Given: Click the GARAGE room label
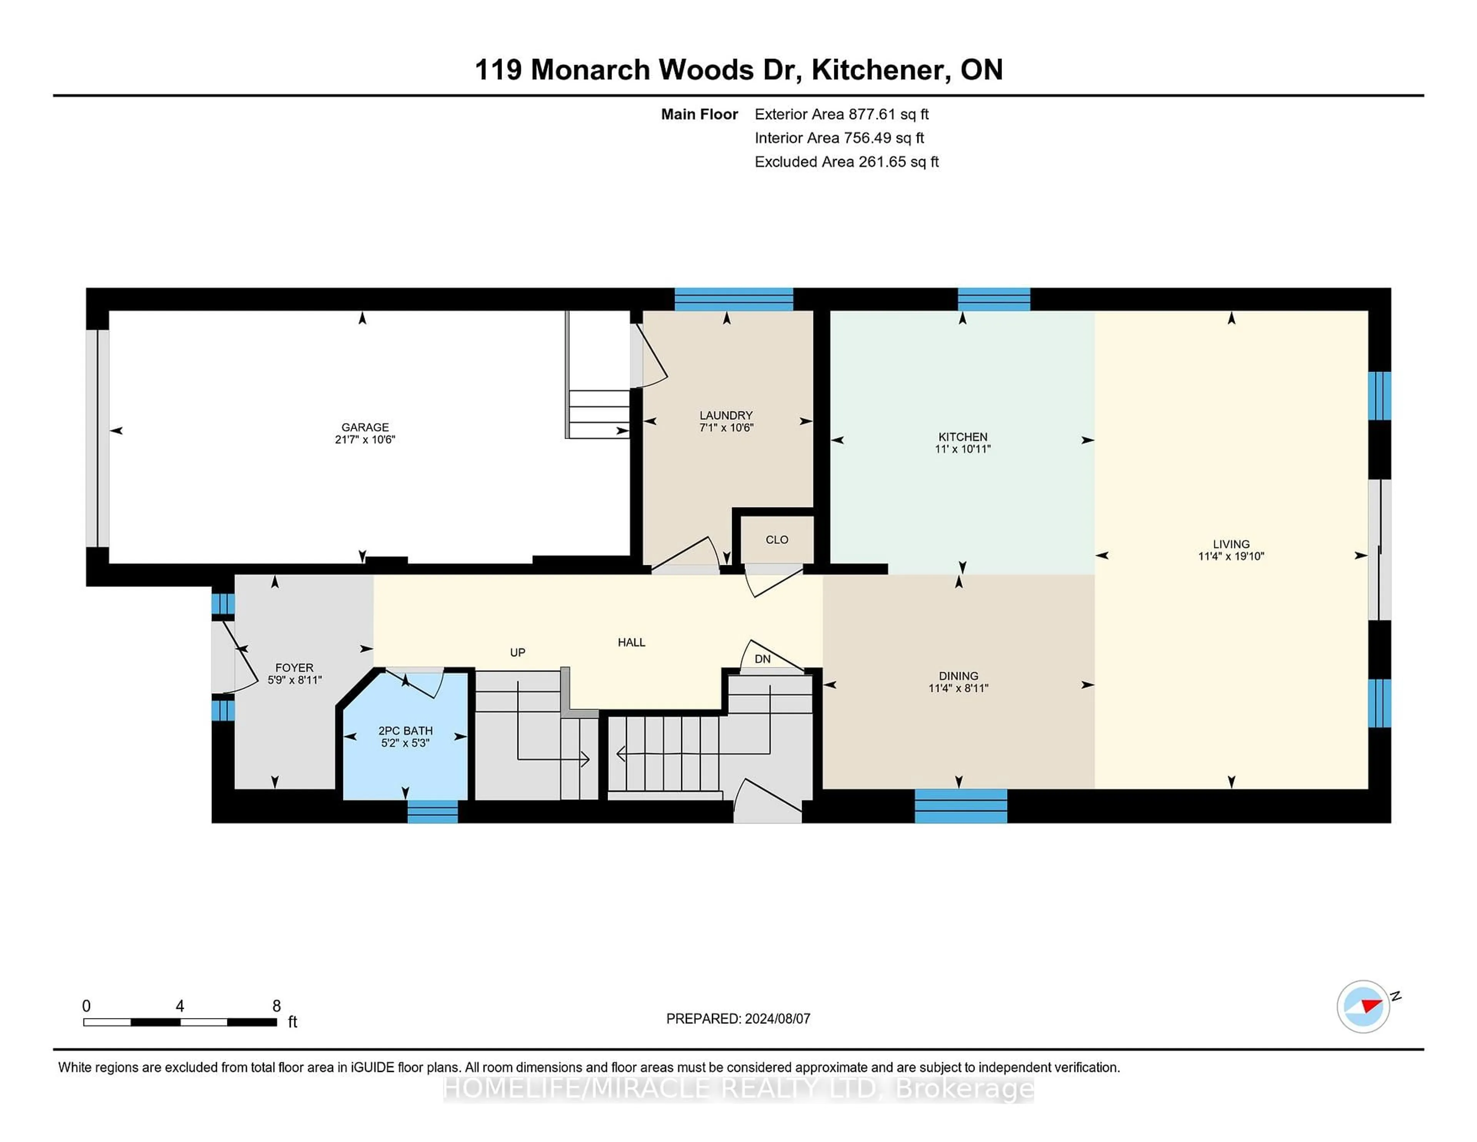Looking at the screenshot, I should coord(365,427).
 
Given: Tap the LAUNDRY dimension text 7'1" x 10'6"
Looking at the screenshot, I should coord(726,427).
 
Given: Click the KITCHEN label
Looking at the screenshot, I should coord(962,436).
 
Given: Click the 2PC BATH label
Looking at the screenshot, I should coord(405,731).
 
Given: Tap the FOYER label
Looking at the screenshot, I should coord(294,668).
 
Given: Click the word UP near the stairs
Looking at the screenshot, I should coord(517,652).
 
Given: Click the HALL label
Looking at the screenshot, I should coord(631,642).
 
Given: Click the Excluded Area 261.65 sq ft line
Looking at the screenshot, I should coord(846,162).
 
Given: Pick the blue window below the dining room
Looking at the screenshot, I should coord(960,806).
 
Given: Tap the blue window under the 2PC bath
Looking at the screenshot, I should coord(432,811).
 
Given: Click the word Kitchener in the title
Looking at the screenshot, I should coord(878,70).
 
